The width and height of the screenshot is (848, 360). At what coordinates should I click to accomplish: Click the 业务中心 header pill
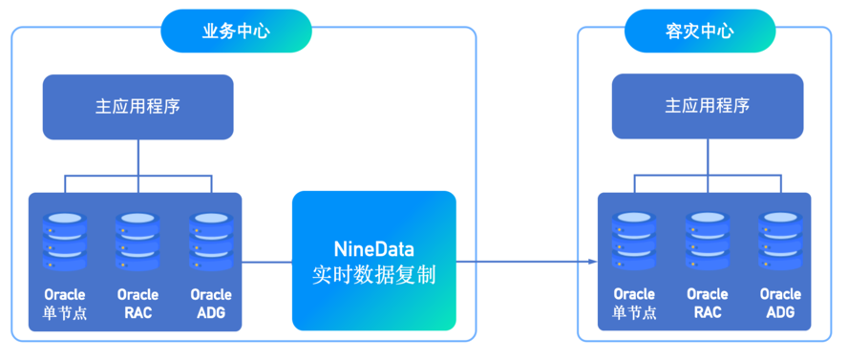click(x=236, y=31)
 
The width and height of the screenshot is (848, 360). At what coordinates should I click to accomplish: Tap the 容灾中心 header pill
click(x=700, y=31)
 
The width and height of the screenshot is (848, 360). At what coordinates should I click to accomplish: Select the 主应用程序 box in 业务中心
click(x=138, y=107)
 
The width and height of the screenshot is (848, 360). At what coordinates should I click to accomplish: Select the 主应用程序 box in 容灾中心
click(x=708, y=107)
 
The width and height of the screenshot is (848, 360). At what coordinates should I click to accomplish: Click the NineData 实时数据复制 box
click(x=374, y=261)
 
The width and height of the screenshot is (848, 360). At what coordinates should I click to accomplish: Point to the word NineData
click(x=374, y=250)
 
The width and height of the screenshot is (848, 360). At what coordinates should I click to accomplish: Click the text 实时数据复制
click(x=374, y=276)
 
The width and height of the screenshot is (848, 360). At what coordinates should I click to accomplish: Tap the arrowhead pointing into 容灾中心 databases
click(x=593, y=263)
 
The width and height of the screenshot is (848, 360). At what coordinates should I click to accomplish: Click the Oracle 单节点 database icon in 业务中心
click(x=64, y=242)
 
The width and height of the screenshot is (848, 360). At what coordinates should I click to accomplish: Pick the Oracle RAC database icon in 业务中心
click(x=138, y=242)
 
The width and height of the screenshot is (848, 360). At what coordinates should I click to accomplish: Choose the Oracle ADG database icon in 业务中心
click(x=211, y=242)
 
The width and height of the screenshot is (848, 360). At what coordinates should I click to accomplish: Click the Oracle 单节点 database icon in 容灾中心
click(x=634, y=242)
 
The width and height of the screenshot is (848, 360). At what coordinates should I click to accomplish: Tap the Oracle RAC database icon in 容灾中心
click(x=708, y=242)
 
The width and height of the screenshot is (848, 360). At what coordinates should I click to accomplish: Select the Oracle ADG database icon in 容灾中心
click(x=780, y=242)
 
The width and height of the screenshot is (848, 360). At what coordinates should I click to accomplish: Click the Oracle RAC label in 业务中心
click(x=138, y=304)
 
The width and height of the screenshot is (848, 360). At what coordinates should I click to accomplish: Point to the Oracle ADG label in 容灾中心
click(x=780, y=304)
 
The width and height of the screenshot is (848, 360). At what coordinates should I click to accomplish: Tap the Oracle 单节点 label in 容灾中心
click(x=634, y=304)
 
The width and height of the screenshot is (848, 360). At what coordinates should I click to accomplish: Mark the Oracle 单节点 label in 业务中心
click(x=64, y=304)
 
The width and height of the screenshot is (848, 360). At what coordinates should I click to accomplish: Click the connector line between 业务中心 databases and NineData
click(x=266, y=263)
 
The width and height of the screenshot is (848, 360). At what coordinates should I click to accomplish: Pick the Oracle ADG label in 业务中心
click(x=211, y=304)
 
